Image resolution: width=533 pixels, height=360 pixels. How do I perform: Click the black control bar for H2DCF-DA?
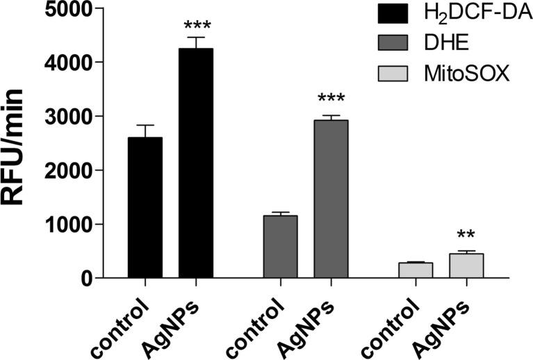pyautogui.click(x=145, y=208)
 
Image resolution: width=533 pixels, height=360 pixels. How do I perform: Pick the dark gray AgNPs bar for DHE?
pyautogui.click(x=331, y=199)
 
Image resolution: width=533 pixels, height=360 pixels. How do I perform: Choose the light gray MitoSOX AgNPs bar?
pyautogui.click(x=466, y=265)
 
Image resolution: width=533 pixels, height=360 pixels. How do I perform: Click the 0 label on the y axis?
pyautogui.click(x=86, y=278)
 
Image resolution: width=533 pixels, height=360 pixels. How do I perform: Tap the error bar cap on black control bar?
pyautogui.click(x=145, y=125)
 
